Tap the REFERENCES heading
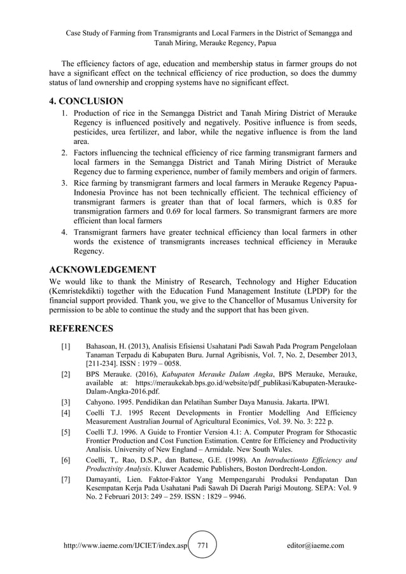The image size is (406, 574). click(x=81, y=328)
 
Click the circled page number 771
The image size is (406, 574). click(x=204, y=545)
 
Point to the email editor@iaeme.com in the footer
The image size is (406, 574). click(x=316, y=545)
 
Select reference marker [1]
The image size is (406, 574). click(x=66, y=346)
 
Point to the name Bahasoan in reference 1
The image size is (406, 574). click(x=104, y=346)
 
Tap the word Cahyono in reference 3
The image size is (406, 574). click(x=102, y=402)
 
